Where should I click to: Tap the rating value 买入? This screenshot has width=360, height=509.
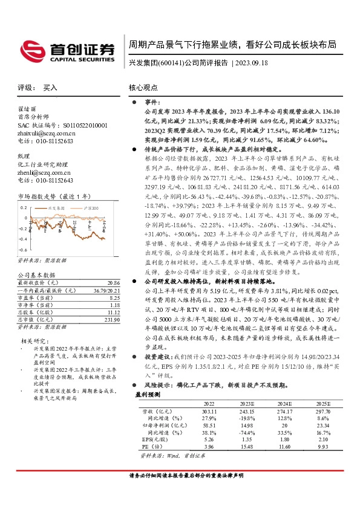coord(50,88)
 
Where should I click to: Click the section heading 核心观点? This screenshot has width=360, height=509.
coord(142,88)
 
